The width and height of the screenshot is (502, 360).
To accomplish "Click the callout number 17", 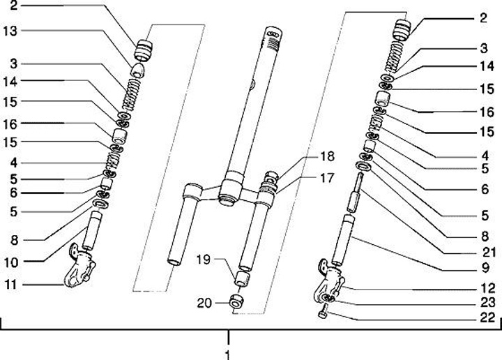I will click(326, 178).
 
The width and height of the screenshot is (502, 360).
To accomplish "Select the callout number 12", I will click(487, 287).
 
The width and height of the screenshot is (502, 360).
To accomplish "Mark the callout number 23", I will click(487, 303).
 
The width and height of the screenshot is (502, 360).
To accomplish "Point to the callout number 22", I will click(487, 317).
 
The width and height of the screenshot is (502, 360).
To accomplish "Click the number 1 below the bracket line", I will click(227, 354).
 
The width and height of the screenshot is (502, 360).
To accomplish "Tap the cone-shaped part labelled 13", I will click(139, 70).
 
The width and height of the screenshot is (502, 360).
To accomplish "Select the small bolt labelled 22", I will click(323, 316).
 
